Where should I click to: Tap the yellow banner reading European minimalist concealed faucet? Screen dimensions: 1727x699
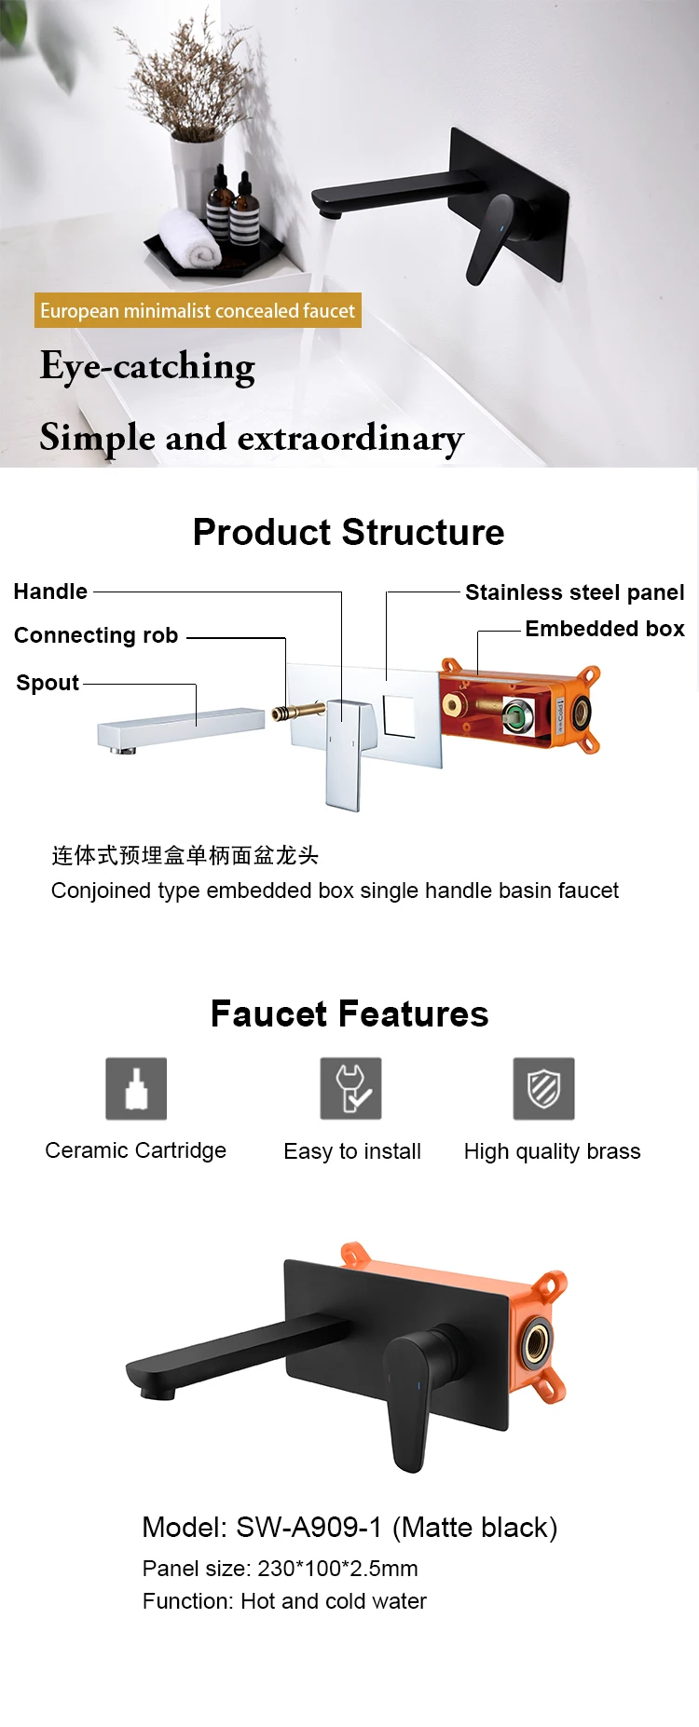(x=198, y=311)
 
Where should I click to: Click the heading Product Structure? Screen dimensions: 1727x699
(x=349, y=532)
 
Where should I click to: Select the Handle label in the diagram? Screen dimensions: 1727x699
(x=50, y=592)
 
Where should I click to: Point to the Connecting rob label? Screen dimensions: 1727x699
(x=96, y=635)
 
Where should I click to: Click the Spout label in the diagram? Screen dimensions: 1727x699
(x=48, y=683)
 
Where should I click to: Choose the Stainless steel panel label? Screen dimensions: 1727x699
(x=574, y=592)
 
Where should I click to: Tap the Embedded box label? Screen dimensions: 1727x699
(x=605, y=629)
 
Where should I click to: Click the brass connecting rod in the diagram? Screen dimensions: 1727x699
(x=297, y=713)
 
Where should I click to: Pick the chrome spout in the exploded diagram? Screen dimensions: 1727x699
(x=182, y=728)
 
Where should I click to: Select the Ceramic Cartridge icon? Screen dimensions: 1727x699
(x=136, y=1088)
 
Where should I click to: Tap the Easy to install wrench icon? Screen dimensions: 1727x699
(x=351, y=1088)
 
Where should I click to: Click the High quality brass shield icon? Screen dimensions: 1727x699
(x=544, y=1088)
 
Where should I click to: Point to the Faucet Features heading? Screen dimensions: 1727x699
(x=349, y=1013)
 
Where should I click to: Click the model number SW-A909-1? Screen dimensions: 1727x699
(x=308, y=1528)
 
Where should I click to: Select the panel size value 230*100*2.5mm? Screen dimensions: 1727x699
(x=337, y=1569)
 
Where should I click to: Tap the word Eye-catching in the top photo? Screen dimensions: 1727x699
(x=147, y=367)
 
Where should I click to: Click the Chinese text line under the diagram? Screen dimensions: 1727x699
(x=185, y=855)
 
